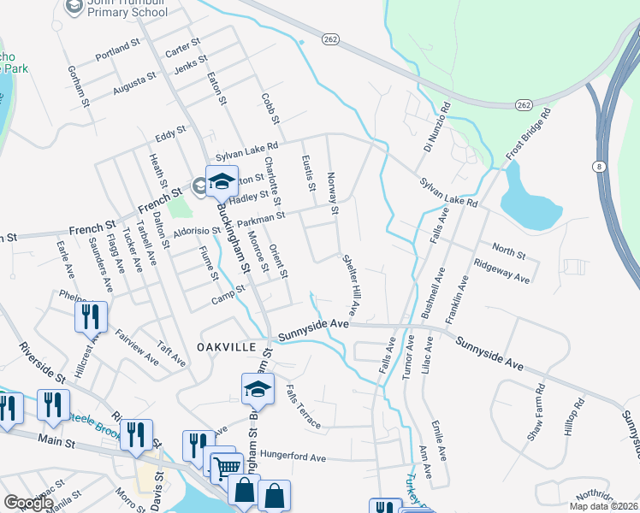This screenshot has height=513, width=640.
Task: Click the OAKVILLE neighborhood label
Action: click(227, 347)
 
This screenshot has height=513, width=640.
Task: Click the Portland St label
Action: click(117, 49)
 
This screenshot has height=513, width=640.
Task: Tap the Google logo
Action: click(28, 503)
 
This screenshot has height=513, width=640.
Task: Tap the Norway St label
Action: click(334, 192)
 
